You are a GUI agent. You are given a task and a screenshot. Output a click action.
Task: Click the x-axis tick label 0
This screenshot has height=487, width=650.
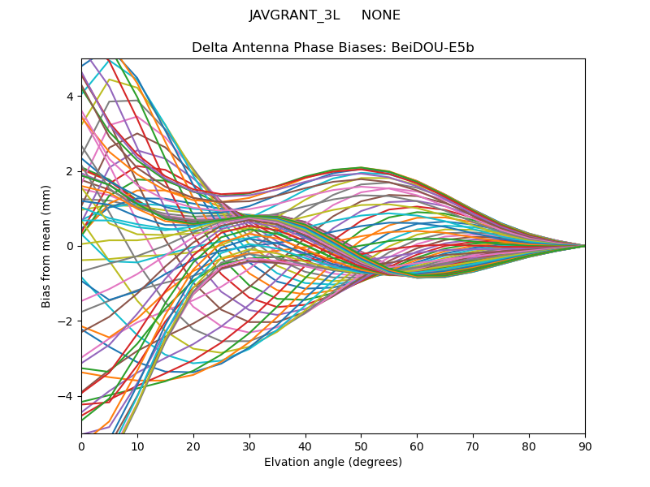81,446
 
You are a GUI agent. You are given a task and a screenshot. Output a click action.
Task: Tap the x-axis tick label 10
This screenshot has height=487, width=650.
137,446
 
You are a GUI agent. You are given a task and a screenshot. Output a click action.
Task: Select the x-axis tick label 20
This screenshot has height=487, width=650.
193,446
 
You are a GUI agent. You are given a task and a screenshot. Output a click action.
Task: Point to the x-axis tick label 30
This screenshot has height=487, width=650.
249,446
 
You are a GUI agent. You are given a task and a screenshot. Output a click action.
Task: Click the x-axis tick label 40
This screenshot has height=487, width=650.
305,446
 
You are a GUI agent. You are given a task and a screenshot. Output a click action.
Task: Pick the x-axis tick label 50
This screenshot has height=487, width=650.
361,446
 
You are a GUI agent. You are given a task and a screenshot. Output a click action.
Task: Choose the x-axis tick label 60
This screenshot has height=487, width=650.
417,446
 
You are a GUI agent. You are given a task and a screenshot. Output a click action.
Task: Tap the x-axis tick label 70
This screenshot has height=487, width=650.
473,446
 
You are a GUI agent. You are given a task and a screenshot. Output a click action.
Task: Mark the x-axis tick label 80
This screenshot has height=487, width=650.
529,446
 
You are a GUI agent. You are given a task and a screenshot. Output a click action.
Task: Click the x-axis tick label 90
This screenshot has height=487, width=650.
585,446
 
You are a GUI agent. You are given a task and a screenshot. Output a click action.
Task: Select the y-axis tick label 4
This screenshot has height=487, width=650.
70,97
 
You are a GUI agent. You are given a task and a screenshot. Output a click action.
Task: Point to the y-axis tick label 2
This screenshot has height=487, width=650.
70,171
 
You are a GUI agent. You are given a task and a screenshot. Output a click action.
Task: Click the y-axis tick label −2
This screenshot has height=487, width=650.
67,321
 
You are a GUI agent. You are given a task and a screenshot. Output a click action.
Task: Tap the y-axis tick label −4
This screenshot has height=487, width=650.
67,396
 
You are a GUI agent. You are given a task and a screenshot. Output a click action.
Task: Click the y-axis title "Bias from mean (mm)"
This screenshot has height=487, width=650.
47,246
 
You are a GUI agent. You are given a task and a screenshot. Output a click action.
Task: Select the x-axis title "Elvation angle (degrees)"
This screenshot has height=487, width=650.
333,462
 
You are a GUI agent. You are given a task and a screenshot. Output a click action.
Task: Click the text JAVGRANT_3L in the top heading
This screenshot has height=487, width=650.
294,15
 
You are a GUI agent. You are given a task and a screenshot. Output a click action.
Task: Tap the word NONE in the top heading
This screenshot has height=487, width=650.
381,15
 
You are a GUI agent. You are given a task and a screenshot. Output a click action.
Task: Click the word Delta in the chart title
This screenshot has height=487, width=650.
209,48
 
